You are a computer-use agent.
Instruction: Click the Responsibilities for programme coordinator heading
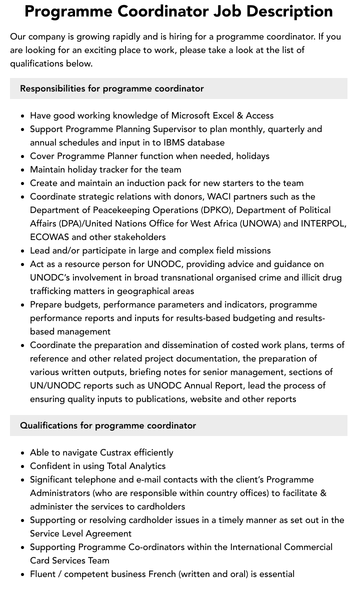(112, 88)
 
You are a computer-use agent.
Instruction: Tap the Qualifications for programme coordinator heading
(108, 425)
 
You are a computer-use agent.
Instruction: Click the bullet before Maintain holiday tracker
(23, 170)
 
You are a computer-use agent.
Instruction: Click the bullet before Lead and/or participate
(23, 251)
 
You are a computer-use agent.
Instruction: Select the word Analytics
(147, 466)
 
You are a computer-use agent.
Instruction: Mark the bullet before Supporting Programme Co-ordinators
(23, 547)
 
